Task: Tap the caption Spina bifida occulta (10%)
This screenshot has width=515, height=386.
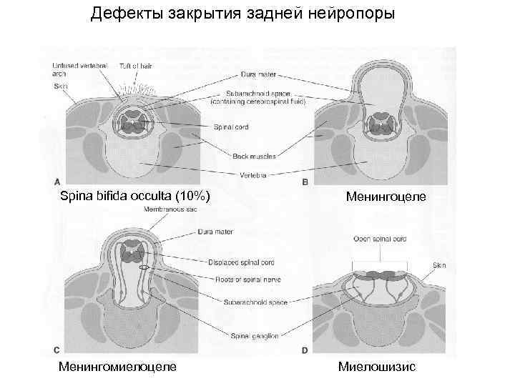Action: [134, 195]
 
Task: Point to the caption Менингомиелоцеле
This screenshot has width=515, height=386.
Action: [118, 367]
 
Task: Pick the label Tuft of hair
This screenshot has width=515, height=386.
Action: [135, 66]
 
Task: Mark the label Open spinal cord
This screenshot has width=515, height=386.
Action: [380, 239]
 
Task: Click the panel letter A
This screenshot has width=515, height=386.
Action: [57, 180]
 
